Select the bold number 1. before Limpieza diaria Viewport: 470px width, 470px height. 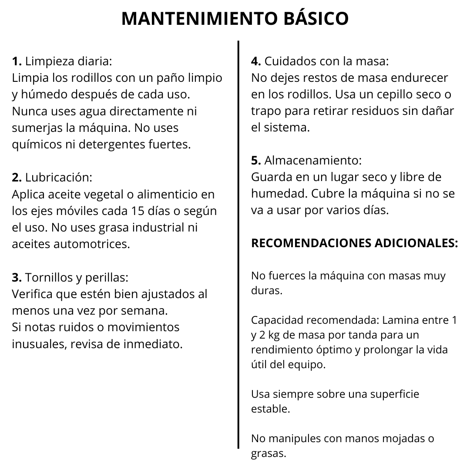(17, 61)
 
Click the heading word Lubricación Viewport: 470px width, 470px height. (59, 178)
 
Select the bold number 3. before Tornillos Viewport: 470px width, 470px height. (17, 277)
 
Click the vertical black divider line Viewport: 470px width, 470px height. (238, 244)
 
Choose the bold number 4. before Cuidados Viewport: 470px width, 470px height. (256, 61)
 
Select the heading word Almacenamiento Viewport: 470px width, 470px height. (313, 161)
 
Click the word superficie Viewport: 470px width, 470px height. (394, 394)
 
